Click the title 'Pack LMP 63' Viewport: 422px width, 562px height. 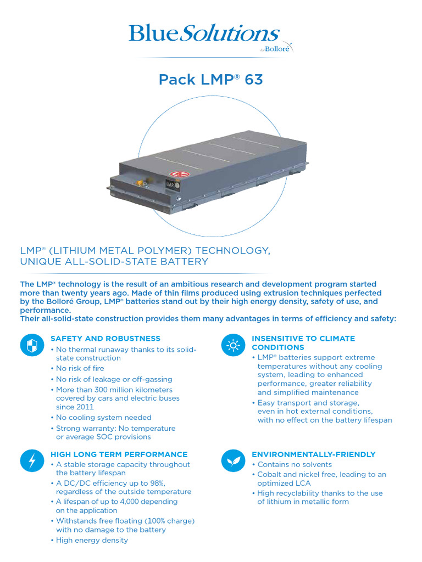click(211, 80)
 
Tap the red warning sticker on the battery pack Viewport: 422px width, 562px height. click(177, 175)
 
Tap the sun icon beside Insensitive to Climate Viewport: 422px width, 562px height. click(232, 345)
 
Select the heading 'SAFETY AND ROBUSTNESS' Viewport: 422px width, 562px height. click(105, 339)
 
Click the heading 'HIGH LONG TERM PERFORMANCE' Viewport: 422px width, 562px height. click(119, 454)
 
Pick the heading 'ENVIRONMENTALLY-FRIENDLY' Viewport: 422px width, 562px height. click(313, 454)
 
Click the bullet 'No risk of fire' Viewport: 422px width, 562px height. click(80, 368)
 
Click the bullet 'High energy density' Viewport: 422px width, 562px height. click(92, 540)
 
